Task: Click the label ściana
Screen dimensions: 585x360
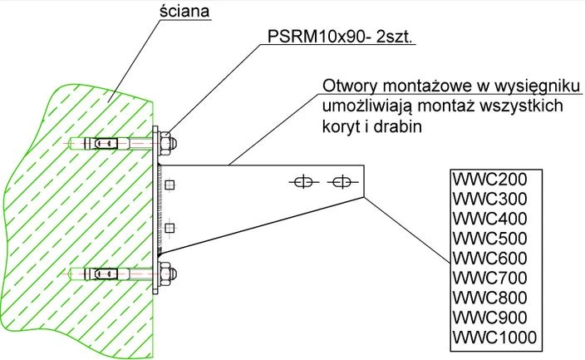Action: tap(184, 11)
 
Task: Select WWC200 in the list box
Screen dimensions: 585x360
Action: tap(489, 179)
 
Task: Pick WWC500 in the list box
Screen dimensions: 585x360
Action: tap(489, 239)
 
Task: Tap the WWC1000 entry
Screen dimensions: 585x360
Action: tap(494, 338)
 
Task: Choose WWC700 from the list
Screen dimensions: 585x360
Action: tap(489, 278)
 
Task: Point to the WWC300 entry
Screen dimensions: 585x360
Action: tap(489, 199)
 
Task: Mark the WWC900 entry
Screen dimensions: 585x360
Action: tap(489, 318)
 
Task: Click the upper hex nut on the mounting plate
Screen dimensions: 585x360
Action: tap(168, 143)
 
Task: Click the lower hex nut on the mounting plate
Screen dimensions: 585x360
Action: tap(168, 274)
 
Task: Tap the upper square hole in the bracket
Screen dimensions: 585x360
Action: tap(170, 185)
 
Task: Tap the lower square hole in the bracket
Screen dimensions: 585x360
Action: tap(170, 228)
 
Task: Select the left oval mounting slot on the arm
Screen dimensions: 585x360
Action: tap(303, 182)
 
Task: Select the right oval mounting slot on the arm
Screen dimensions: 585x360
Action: tap(342, 182)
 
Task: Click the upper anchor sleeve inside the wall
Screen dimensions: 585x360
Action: tap(106, 143)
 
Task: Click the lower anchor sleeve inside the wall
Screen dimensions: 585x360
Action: tap(106, 274)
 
